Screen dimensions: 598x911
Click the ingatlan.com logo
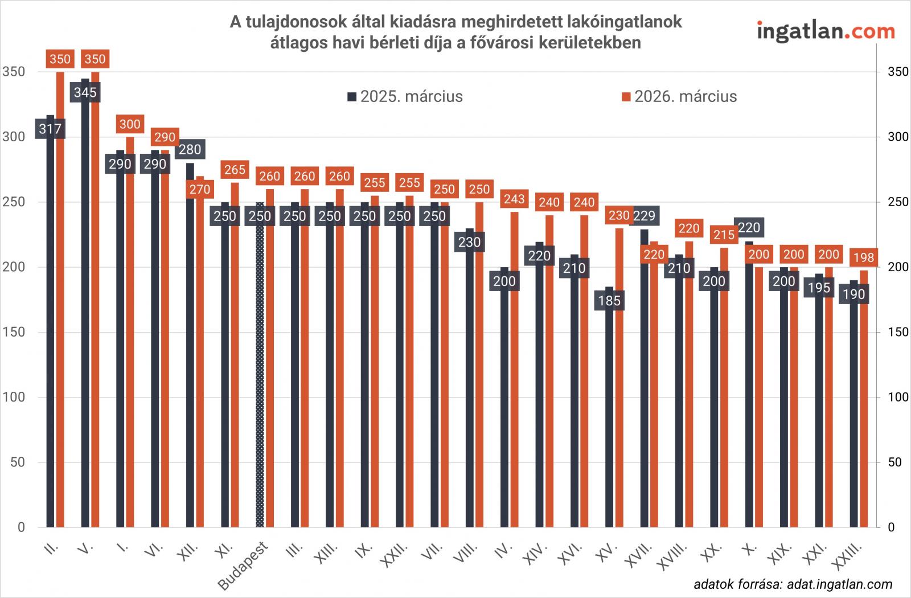click(826, 31)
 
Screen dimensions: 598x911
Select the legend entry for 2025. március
click(405, 96)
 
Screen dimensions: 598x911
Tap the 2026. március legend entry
click(679, 96)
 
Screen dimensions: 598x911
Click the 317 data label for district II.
click(50, 129)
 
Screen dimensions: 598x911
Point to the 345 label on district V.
click(85, 92)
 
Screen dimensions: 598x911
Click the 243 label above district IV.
click(514, 199)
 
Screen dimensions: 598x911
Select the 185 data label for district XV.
click(609, 300)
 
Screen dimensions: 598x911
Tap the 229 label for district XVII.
click(645, 216)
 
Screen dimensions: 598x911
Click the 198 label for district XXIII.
click(864, 258)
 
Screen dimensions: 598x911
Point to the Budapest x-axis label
click(243, 567)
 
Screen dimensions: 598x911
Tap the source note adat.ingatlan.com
click(793, 584)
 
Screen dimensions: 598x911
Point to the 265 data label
click(235, 170)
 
